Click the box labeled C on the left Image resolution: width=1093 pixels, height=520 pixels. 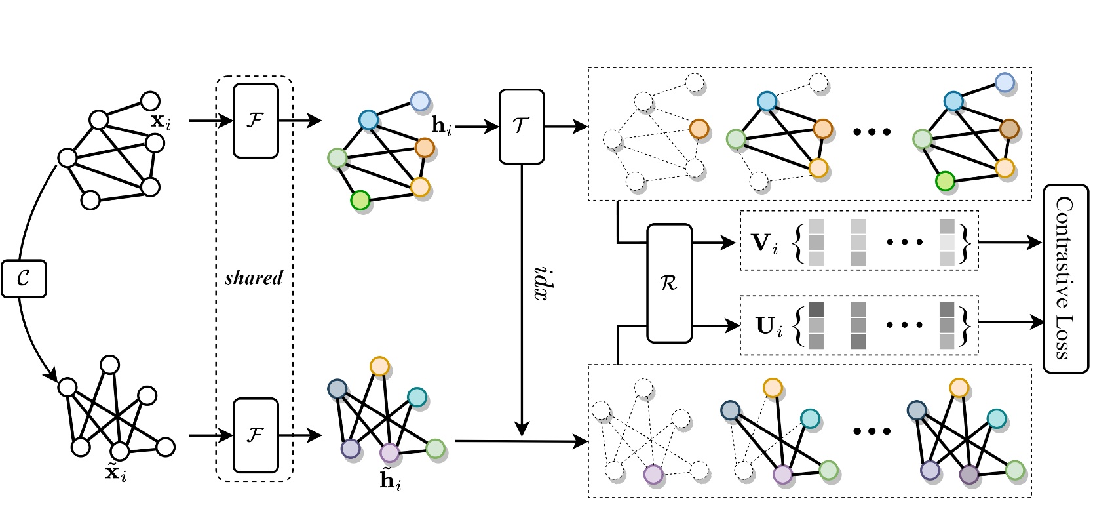click(x=24, y=279)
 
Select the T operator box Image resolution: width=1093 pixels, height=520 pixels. click(x=521, y=126)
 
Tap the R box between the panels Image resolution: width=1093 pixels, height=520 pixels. click(x=669, y=283)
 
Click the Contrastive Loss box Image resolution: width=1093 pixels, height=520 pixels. click(x=1065, y=279)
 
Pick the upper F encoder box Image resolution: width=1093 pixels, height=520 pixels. click(x=256, y=121)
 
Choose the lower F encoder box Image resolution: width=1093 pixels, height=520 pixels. click(x=256, y=435)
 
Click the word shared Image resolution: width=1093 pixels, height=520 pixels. click(x=254, y=278)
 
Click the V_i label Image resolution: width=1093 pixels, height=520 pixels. click(x=763, y=243)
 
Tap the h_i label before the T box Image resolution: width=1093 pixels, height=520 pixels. click(x=442, y=126)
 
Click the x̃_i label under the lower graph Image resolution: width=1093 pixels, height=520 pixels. click(x=115, y=472)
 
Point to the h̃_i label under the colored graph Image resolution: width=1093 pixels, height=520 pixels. click(x=391, y=481)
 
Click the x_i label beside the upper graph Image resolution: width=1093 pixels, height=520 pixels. click(x=160, y=121)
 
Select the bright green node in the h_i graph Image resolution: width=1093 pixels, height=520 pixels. click(x=360, y=201)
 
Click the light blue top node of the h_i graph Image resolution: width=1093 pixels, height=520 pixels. click(x=420, y=101)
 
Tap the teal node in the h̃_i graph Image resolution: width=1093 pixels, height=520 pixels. click(x=417, y=397)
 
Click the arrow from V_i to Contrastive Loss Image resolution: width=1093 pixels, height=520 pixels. click(x=1009, y=243)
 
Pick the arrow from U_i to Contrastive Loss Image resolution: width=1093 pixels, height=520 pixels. click(x=1009, y=321)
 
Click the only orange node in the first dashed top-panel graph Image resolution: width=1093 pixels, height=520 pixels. click(x=699, y=129)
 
